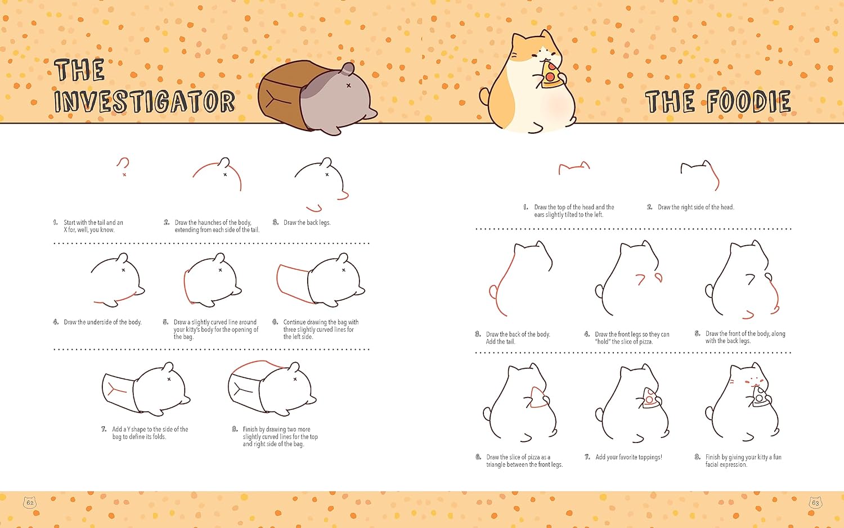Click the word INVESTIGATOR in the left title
click(x=145, y=101)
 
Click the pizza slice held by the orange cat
click(x=550, y=75)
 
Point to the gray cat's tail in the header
click(x=347, y=69)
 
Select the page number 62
click(x=30, y=503)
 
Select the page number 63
click(x=815, y=503)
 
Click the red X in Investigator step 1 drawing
click(x=124, y=175)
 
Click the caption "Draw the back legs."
click(x=307, y=223)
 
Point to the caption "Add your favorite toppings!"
click(x=628, y=457)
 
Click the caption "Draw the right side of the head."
click(x=696, y=207)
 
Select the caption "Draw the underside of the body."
click(x=102, y=322)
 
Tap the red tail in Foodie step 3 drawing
click(x=493, y=292)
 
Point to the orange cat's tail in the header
click(x=484, y=96)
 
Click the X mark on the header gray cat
click(x=348, y=85)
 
